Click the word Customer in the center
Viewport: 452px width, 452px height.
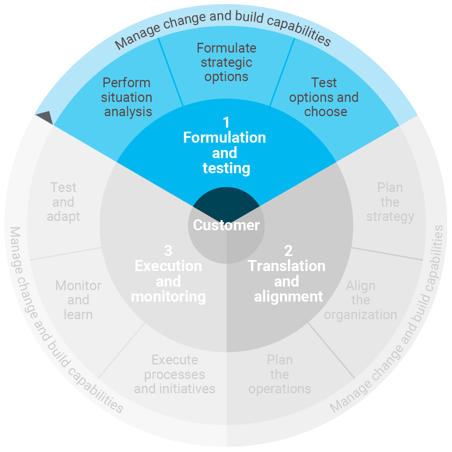pyautogui.click(x=226, y=225)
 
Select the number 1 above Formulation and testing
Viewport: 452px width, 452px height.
pyautogui.click(x=226, y=122)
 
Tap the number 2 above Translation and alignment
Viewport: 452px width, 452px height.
pyautogui.click(x=288, y=250)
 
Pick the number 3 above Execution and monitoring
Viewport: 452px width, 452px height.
pyautogui.click(x=168, y=250)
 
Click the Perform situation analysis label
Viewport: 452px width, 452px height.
pyautogui.click(x=127, y=97)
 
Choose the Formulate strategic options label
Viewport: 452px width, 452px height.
pyautogui.click(x=226, y=62)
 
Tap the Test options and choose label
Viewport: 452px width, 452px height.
pyautogui.click(x=324, y=97)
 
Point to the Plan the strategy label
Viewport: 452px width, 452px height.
pyautogui.click(x=390, y=202)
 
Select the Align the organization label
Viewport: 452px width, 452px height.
pyautogui.click(x=360, y=300)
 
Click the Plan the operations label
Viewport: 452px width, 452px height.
pyautogui.click(x=280, y=375)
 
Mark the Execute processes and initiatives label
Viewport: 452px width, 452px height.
pyautogui.click(x=174, y=375)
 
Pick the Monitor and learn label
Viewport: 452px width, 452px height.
pyautogui.click(x=78, y=300)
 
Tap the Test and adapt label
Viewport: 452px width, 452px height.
pyautogui.click(x=63, y=202)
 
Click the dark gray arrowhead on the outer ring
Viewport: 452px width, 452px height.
pyautogui.click(x=45, y=118)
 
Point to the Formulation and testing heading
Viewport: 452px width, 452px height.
pyautogui.click(x=225, y=153)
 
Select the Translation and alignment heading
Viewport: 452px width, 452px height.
pyautogui.click(x=287, y=281)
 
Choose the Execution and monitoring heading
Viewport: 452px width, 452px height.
pyautogui.click(x=168, y=281)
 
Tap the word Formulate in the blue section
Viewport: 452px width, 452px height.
pyautogui.click(x=226, y=48)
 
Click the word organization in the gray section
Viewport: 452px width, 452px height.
pyautogui.click(x=360, y=315)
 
